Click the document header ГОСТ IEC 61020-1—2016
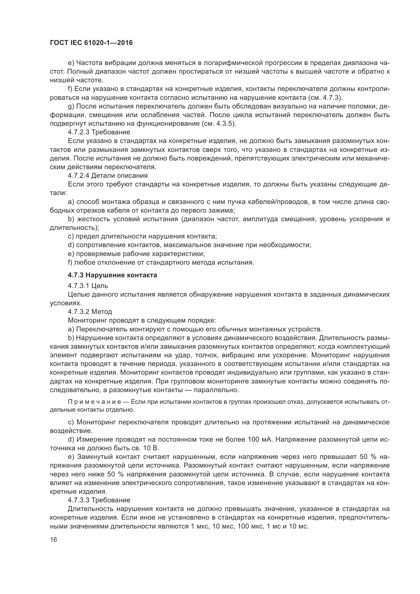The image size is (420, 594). click(x=91, y=43)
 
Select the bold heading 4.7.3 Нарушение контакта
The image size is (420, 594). click(x=112, y=275)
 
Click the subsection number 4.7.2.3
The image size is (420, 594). click(x=79, y=132)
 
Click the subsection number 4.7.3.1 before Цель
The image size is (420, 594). click(x=79, y=286)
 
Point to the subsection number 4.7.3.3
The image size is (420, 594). click(x=79, y=500)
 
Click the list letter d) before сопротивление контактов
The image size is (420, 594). click(x=71, y=245)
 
